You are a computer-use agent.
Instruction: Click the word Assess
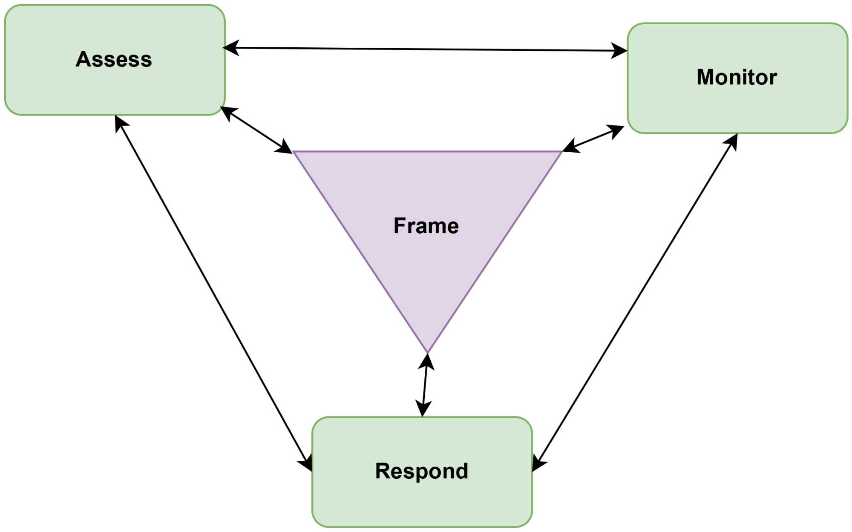114,59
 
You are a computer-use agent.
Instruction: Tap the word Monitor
737,77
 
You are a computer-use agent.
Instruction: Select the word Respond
422,471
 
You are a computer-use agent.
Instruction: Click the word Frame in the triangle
426,226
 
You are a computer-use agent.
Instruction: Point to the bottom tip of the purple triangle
427,352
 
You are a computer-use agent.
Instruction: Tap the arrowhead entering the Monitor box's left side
619,51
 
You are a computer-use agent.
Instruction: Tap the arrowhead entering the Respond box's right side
538,464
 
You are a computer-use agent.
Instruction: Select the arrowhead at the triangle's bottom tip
427,361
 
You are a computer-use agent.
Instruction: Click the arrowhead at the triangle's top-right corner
571,146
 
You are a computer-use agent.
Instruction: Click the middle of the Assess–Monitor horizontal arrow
425,49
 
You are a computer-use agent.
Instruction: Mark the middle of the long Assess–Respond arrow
214,293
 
